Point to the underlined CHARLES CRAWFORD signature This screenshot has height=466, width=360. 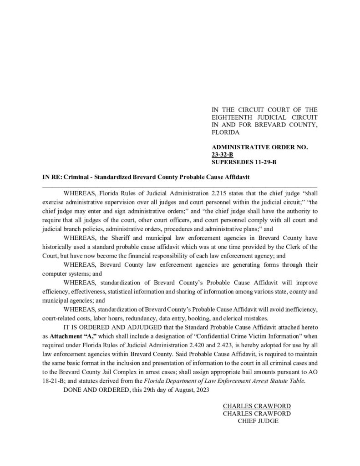coord(257,406)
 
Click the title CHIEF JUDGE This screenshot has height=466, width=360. coord(258,421)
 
